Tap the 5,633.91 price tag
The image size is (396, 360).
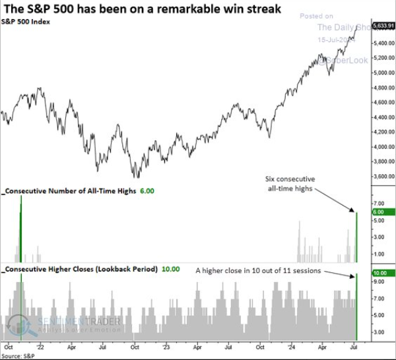click(x=383, y=26)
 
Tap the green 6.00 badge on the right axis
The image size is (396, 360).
click(x=383, y=212)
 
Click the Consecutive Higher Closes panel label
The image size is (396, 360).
click(x=80, y=270)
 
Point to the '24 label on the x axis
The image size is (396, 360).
click(x=291, y=345)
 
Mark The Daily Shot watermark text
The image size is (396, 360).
click(x=343, y=27)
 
